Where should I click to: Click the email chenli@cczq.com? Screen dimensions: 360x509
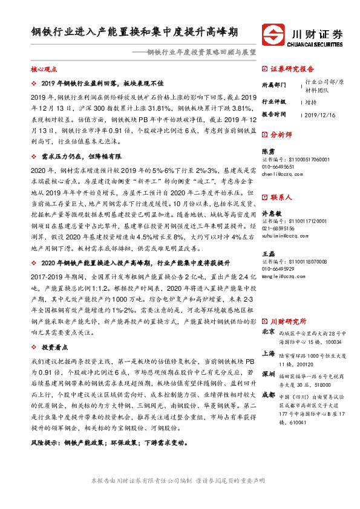point(278,173)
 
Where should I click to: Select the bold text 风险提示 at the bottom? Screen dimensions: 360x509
point(44,426)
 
